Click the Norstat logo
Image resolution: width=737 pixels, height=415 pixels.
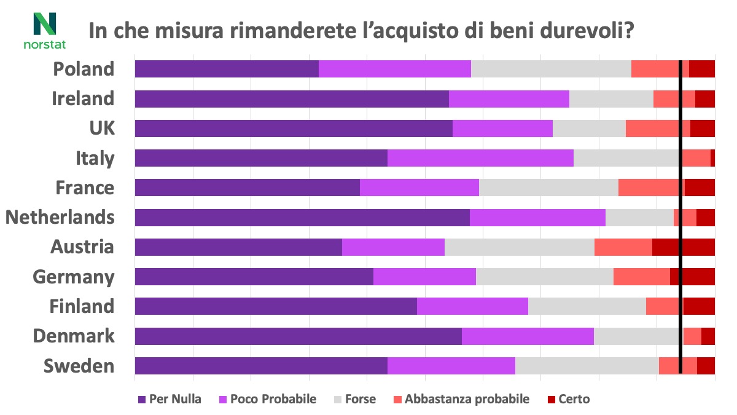click(44, 30)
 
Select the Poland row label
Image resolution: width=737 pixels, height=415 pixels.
click(84, 69)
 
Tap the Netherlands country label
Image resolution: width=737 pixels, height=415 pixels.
click(60, 217)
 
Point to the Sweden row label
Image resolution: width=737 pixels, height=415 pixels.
click(79, 366)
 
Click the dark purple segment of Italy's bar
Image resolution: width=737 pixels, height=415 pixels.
click(261, 158)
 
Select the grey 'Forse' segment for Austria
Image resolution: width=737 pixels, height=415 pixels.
click(519, 247)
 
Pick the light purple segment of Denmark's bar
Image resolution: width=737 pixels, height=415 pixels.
click(528, 336)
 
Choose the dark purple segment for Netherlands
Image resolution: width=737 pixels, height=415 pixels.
click(302, 217)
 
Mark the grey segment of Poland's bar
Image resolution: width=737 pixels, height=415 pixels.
click(551, 69)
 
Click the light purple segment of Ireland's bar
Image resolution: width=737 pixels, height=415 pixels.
click(509, 98)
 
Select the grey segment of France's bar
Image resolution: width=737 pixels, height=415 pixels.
click(548, 188)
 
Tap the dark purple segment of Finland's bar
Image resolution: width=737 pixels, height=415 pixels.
click(276, 306)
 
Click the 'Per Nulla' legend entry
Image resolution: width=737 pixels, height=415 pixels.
click(170, 399)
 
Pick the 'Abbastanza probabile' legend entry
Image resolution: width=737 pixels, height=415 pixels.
click(461, 399)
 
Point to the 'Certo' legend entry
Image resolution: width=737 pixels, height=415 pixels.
click(567, 399)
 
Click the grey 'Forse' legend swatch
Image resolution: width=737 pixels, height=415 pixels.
click(337, 400)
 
